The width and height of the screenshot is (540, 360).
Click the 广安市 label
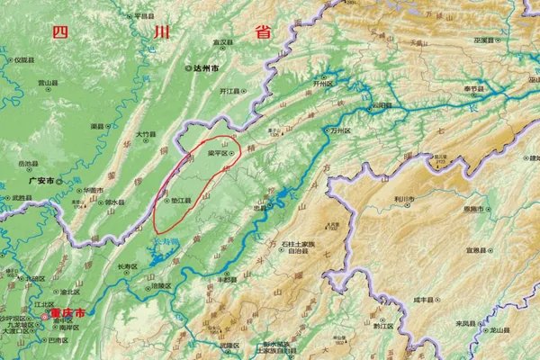43,180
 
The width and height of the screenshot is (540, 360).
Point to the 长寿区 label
129,267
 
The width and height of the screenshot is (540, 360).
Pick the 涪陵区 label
162,285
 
